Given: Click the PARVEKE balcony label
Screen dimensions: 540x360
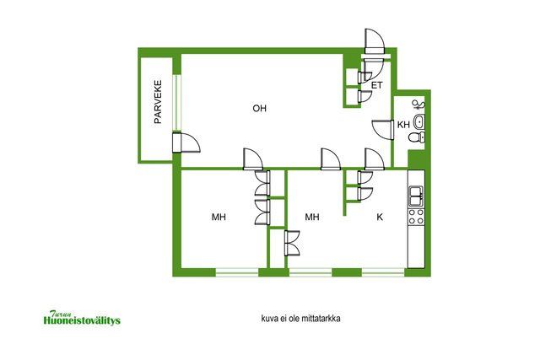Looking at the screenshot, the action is coord(158,102).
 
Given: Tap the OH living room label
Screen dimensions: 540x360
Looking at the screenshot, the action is coord(259,109).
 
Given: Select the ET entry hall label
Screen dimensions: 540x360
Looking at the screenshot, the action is coord(377,85).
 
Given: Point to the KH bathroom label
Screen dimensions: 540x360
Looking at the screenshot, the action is coord(403,124).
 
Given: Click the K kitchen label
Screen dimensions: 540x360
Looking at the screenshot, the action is coord(380,217).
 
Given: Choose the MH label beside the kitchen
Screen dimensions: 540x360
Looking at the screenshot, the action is coord(312,217).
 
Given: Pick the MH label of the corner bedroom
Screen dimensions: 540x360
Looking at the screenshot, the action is coord(219,217).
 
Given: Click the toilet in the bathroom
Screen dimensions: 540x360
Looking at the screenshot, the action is coord(417,137).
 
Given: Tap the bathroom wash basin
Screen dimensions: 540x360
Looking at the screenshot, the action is coord(419,121).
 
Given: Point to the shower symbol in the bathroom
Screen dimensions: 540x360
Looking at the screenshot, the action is coord(418,105).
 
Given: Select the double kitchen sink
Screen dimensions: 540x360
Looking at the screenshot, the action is coord(416,196).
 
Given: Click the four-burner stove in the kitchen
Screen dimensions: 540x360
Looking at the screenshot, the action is coord(416,217).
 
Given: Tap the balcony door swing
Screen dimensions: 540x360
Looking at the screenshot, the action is coord(186,142).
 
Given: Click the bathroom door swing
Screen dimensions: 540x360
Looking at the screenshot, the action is coord(383,129).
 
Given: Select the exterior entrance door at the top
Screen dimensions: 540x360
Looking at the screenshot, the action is coord(374,41).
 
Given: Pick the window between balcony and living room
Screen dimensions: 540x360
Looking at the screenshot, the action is coord(176,103).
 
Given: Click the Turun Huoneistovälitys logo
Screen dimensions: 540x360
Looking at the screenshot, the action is coord(82,318).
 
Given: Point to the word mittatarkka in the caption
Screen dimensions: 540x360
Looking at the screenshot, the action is coord(321,319).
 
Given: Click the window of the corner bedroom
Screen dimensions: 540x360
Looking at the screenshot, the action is coord(237,272).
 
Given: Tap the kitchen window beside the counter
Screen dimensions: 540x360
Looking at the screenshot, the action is coord(383,272).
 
